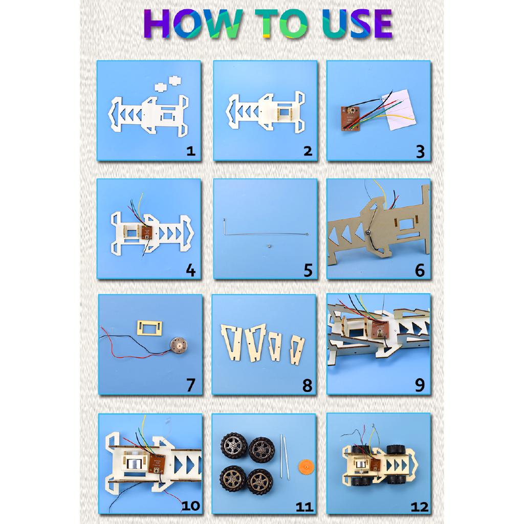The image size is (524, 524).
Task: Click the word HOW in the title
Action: point(188,24)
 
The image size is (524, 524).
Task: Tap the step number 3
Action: point(420,151)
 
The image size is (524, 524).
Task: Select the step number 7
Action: point(190,385)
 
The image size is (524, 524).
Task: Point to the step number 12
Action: point(419,506)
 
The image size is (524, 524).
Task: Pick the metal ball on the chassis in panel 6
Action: point(368,233)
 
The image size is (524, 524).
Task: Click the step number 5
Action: point(307,270)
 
